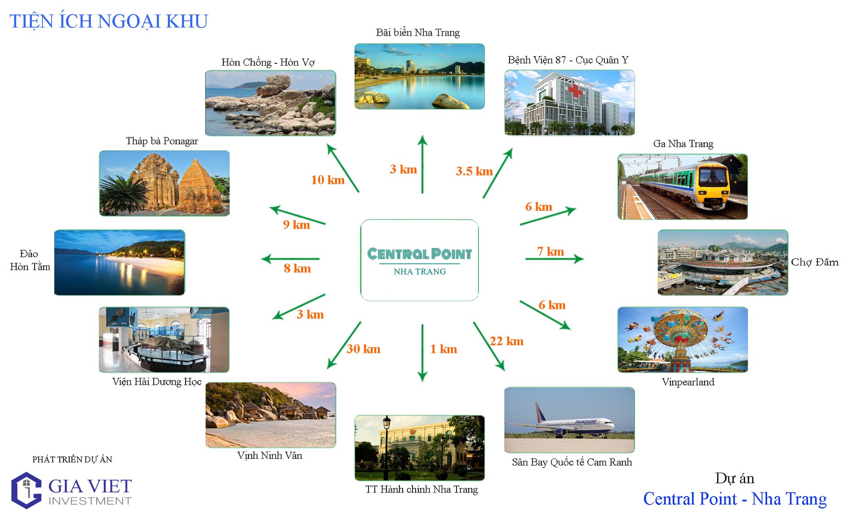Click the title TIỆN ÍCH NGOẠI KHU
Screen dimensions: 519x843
pos(109,22)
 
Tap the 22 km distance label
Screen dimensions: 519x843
pos(506,342)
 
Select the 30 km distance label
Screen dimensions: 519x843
pos(364,349)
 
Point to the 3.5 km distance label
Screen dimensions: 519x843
pos(474,171)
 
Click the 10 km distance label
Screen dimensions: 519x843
pos(328,180)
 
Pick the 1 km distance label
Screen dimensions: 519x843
pos(444,349)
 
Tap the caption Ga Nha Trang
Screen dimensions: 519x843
pos(683,144)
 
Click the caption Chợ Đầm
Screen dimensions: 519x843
pos(814,262)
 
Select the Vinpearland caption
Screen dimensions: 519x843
pos(688,382)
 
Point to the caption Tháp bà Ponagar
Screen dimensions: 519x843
pos(162,141)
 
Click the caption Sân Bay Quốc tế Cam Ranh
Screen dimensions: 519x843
pos(572,462)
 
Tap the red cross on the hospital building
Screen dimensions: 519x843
pos(575,92)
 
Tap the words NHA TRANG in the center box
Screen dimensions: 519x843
pos(420,272)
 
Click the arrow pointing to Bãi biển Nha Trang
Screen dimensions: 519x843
pos(422,164)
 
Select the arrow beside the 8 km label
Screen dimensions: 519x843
pos(290,259)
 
